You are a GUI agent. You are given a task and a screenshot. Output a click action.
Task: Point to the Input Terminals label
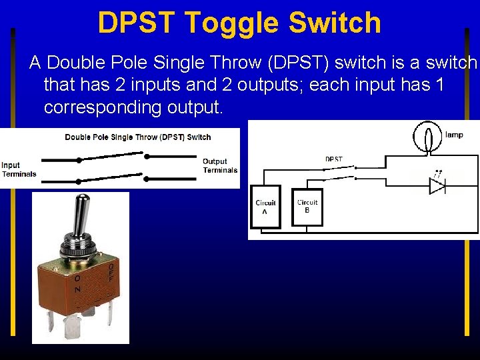18,169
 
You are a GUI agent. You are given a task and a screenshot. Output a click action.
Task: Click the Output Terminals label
219,165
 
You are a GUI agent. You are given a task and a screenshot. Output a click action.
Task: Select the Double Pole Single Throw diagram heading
137,137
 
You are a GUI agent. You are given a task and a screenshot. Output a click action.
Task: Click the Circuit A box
265,207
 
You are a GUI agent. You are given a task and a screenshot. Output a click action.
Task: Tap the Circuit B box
307,206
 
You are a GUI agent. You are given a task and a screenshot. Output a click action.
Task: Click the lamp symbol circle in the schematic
426,137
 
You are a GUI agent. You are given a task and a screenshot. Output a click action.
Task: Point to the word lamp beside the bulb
454,135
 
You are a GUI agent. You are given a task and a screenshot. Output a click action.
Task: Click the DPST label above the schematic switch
334,159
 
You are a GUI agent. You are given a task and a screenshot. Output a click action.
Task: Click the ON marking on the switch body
77,284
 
